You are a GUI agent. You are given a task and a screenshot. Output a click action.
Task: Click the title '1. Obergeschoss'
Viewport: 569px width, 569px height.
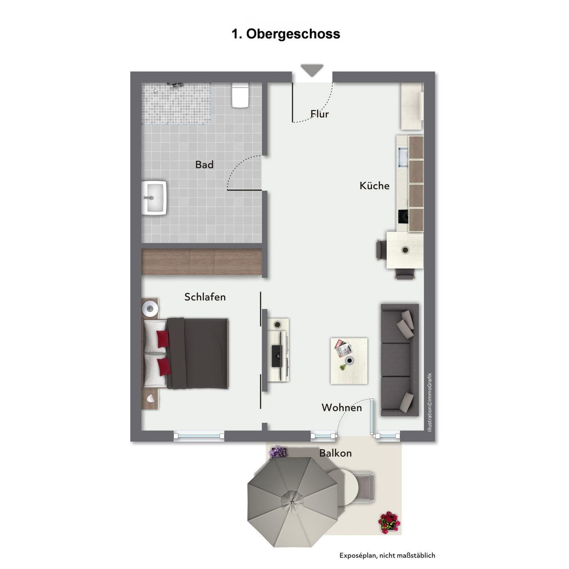tap(286, 34)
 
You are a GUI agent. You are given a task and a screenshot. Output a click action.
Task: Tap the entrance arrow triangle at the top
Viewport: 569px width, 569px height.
tap(312, 70)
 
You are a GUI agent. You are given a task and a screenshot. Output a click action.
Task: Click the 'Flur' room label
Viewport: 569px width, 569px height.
tap(320, 114)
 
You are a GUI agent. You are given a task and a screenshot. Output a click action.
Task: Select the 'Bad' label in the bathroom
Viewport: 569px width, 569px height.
tap(204, 165)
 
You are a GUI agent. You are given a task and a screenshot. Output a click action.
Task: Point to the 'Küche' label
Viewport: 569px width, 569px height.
tap(375, 185)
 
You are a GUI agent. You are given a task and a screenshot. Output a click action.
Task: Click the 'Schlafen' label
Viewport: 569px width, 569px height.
tap(205, 297)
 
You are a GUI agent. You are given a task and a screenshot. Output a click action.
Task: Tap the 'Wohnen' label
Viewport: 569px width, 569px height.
tap(342, 407)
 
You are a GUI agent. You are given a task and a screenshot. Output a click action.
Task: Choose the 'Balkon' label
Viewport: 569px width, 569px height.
tap(335, 453)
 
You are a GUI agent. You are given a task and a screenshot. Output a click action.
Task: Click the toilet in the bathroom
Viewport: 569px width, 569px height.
tap(240, 95)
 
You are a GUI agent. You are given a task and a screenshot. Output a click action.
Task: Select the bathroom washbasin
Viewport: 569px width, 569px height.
tap(154, 197)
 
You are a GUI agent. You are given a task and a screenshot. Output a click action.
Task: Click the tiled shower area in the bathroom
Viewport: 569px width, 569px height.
tap(176, 104)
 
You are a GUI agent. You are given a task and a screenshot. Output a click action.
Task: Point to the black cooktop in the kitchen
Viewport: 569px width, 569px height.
tap(403, 216)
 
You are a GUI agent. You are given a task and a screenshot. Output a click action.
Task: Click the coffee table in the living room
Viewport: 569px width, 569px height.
tap(349, 361)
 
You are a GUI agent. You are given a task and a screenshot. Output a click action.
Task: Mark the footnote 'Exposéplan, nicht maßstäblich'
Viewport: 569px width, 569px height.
tap(387, 556)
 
